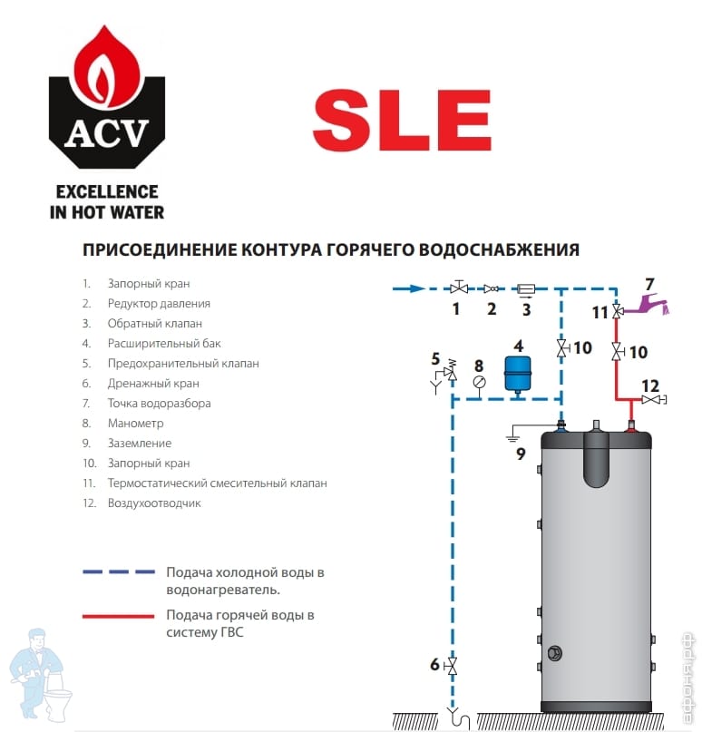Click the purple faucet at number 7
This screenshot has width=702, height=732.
click(651, 303)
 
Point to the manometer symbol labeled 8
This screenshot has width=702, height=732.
click(479, 382)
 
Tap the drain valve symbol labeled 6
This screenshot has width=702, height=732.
click(453, 666)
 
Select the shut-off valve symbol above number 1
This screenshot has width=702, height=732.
click(460, 288)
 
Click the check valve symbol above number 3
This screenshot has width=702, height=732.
click(526, 288)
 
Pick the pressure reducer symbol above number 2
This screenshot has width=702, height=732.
click(492, 288)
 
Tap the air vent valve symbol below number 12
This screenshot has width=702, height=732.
click(651, 400)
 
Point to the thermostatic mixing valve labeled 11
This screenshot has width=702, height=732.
click(617, 312)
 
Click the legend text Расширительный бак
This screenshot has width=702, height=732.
click(164, 344)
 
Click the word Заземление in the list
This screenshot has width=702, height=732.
click(139, 443)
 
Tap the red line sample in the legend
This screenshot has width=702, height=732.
click(118, 616)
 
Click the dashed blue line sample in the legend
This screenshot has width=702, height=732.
click(118, 573)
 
